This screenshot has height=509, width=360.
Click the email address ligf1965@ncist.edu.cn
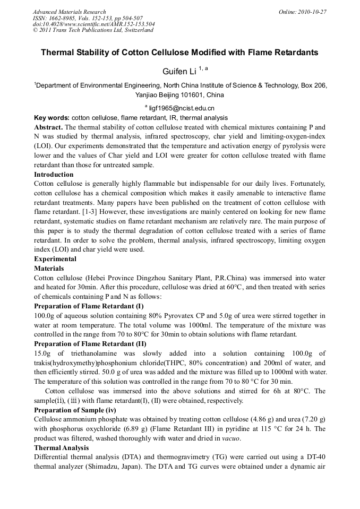click(x=181, y=108)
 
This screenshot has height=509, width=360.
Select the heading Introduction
click(x=54, y=175)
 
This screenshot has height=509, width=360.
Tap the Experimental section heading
click(x=55, y=259)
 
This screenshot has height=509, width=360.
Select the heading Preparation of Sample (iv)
click(x=78, y=410)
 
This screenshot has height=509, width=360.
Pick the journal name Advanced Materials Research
click(x=69, y=12)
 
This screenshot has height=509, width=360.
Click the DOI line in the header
click(x=94, y=24)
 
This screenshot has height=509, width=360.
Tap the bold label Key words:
click(x=52, y=118)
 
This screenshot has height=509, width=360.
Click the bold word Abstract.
click(x=49, y=127)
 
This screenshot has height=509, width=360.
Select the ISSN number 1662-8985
click(x=62, y=18)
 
